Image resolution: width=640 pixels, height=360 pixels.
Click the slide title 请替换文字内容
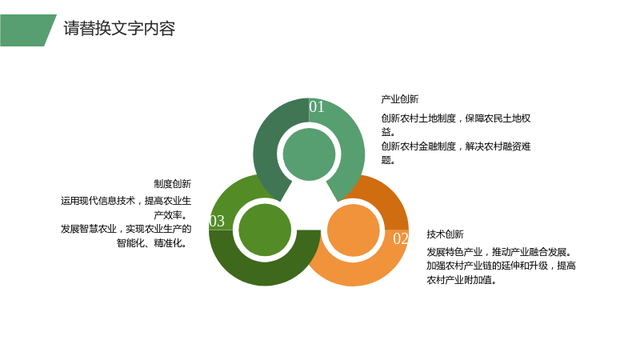click(x=119, y=29)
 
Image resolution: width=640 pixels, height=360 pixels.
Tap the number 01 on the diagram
click(x=317, y=106)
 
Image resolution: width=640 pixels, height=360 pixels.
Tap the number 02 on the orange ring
click(x=401, y=238)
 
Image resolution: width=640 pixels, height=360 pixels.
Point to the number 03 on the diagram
click(x=217, y=221)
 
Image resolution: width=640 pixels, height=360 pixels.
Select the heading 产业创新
click(x=399, y=99)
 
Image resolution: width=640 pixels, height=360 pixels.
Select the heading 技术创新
click(x=445, y=234)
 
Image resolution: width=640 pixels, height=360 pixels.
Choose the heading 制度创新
click(x=172, y=184)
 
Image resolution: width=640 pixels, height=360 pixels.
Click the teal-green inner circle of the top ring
click(x=309, y=154)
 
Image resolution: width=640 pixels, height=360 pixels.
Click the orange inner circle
click(x=354, y=230)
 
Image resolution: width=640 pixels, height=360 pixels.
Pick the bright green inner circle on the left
click(x=265, y=230)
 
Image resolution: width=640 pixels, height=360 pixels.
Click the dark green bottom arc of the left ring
click(x=265, y=274)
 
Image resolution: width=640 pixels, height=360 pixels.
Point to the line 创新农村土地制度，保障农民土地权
click(x=456, y=118)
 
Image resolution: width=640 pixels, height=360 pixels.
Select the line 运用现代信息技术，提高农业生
click(x=126, y=201)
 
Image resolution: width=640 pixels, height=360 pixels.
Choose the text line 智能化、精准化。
click(x=152, y=243)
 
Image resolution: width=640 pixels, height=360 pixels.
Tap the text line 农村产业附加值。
click(x=462, y=280)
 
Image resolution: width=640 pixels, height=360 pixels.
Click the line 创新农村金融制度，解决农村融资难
click(x=456, y=146)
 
